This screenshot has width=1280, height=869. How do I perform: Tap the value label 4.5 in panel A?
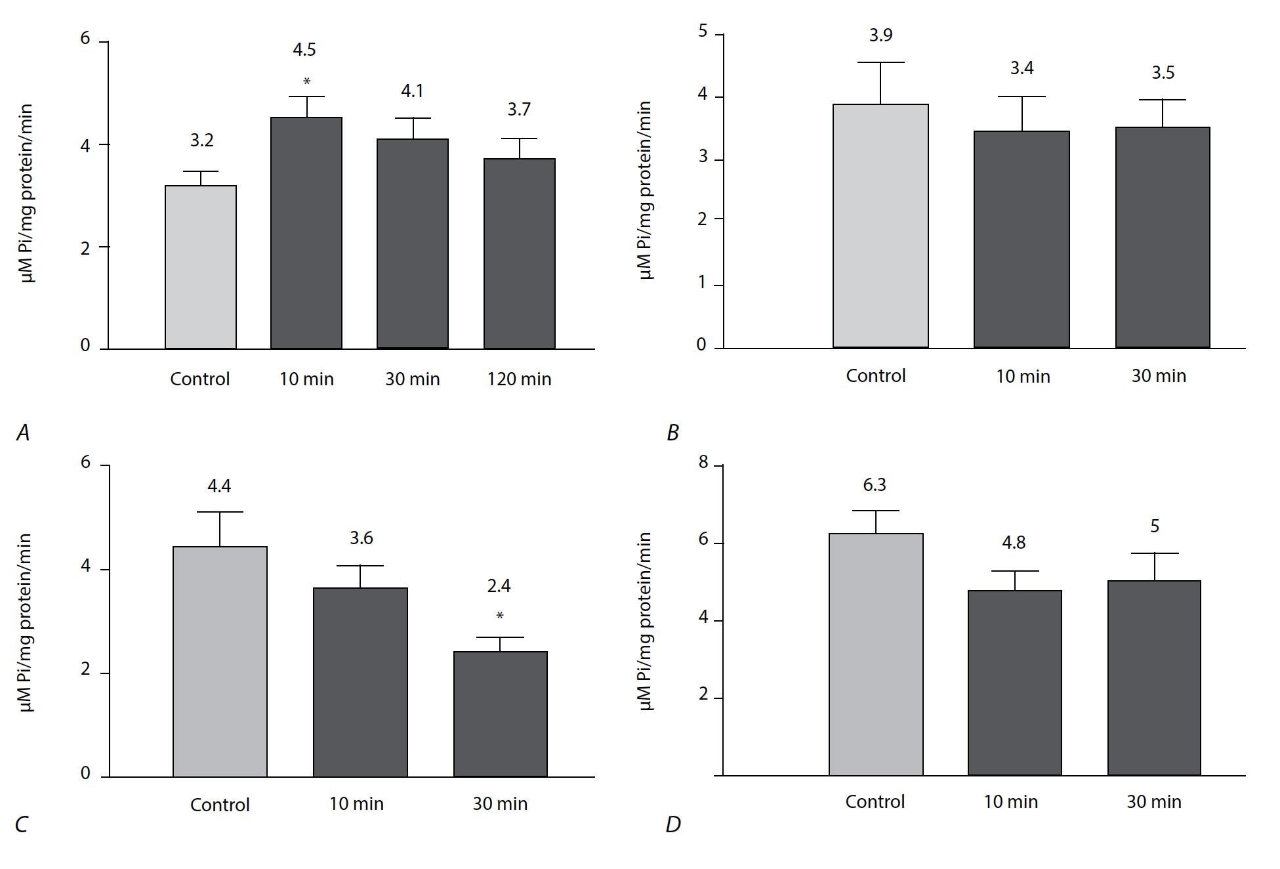click(304, 49)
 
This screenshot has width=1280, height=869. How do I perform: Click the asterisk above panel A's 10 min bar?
click(306, 82)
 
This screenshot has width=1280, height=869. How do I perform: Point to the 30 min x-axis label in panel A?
click(412, 379)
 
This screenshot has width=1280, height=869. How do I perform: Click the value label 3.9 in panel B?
click(880, 35)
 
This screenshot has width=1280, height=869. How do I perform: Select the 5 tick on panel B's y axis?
click(703, 32)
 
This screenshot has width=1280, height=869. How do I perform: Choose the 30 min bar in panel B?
click(1163, 237)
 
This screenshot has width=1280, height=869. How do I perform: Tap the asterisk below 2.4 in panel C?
click(500, 616)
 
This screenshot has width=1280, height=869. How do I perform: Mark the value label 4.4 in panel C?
click(219, 486)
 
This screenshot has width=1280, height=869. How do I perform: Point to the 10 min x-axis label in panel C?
click(356, 804)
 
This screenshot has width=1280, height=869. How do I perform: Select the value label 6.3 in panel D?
click(875, 485)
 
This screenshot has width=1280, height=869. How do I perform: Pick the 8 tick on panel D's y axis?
click(703, 463)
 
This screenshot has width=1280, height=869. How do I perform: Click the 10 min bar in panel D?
click(1015, 683)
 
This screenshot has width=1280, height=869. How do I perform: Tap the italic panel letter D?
click(673, 824)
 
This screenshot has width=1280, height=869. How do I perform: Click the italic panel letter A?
click(23, 433)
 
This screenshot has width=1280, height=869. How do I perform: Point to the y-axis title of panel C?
click(25, 622)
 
